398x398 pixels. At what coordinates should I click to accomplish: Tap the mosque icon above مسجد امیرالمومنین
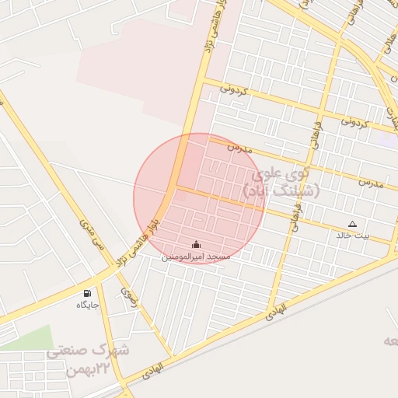click(x=195, y=245)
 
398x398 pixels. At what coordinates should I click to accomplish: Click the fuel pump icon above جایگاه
click(x=86, y=293)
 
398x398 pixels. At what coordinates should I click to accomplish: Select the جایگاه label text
click(x=87, y=305)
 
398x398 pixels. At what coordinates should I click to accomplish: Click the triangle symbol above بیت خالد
click(x=352, y=224)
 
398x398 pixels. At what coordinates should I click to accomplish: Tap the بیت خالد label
click(x=354, y=234)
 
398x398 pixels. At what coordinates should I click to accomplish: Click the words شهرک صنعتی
click(x=88, y=351)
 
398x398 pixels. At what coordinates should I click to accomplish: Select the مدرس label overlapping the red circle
click(x=240, y=146)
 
